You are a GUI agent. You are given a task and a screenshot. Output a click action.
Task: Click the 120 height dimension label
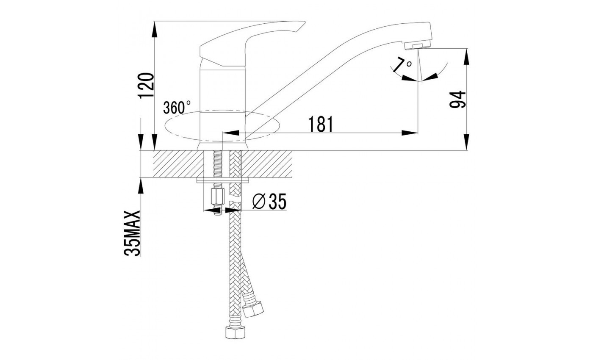[x=147, y=85]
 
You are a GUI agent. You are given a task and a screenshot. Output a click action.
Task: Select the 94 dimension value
[x=458, y=99]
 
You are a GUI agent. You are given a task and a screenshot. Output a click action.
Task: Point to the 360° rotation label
[x=177, y=107]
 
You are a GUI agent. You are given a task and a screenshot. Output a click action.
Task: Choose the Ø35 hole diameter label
[x=269, y=201]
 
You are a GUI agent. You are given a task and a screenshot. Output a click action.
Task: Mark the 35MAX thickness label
[x=132, y=233]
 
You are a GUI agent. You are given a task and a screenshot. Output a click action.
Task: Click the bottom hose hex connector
[x=235, y=332]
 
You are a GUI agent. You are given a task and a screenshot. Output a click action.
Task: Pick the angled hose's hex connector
[x=254, y=309]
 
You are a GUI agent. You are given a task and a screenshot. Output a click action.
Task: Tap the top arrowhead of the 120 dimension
[x=154, y=29]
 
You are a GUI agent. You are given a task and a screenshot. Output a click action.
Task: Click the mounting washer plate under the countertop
[x=223, y=180]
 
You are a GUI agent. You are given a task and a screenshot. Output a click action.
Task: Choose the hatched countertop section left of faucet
[x=177, y=164]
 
